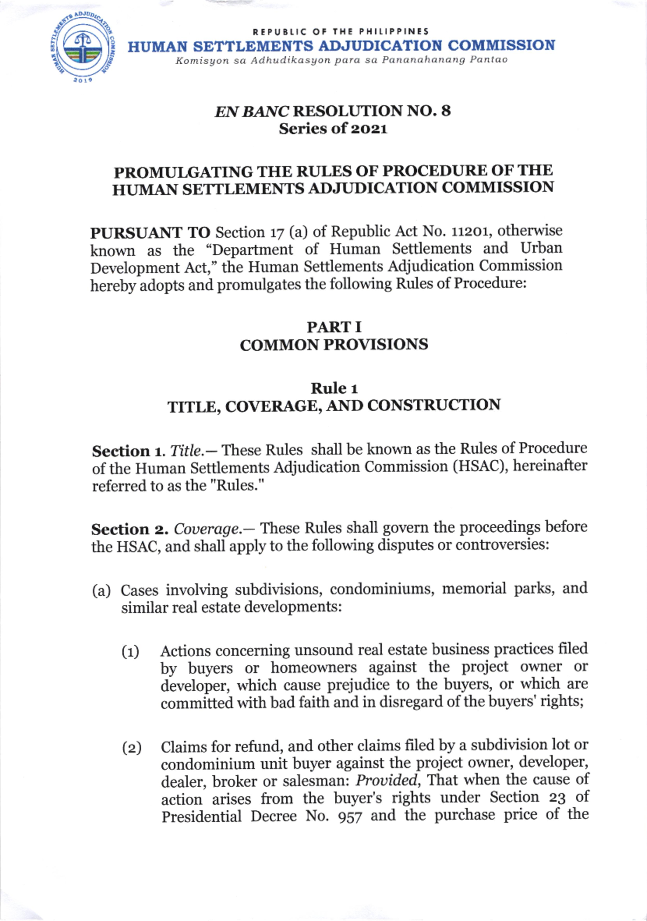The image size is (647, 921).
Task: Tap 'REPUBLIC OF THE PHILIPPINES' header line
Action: click(x=341, y=31)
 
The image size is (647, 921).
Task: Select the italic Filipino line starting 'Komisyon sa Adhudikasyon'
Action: click(x=341, y=60)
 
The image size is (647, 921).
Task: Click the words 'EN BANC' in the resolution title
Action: click(x=251, y=112)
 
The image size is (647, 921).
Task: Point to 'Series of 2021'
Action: click(x=333, y=129)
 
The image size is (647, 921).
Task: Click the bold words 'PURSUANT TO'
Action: click(x=150, y=233)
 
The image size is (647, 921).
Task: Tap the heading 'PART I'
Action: click(x=334, y=327)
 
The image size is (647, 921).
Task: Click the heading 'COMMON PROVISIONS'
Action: click(x=334, y=345)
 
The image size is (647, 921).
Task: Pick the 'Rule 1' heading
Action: click(x=334, y=388)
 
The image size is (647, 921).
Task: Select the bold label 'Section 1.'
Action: click(x=128, y=451)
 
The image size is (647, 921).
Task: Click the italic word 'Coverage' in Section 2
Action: click(x=207, y=529)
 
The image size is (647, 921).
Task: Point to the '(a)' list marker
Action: click(x=101, y=591)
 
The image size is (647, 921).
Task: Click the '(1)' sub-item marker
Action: click(x=130, y=652)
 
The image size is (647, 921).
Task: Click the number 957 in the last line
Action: click(x=349, y=817)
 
